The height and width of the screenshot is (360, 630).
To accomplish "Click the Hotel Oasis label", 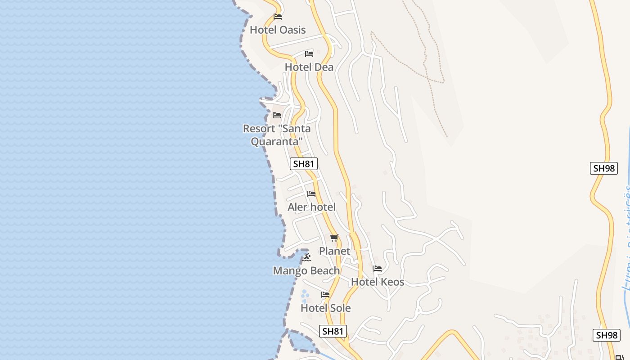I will (x=278, y=30).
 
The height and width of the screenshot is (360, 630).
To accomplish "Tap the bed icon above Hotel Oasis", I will (x=278, y=17).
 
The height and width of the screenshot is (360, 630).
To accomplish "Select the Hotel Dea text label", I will (x=309, y=67).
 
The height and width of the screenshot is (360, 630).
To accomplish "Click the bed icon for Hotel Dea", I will (x=309, y=54).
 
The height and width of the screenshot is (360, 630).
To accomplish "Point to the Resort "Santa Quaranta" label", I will (x=277, y=135).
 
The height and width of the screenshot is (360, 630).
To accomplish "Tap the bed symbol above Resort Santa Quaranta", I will (x=277, y=116).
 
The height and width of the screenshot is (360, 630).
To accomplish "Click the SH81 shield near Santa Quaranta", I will (x=303, y=164).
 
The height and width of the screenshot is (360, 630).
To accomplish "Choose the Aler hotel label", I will (x=311, y=207).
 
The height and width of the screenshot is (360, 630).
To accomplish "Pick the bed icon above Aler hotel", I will (x=311, y=194).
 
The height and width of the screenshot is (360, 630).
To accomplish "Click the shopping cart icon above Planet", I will (x=334, y=238).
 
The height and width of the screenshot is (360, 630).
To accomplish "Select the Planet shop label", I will (x=334, y=251).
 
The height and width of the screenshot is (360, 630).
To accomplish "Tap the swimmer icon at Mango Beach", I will (x=306, y=257).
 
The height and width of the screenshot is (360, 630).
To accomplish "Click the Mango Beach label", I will (x=306, y=270).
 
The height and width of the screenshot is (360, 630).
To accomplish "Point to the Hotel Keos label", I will (x=378, y=282).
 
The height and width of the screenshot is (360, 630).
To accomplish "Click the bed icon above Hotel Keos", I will (x=378, y=269).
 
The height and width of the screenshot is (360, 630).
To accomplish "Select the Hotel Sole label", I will (x=325, y=308).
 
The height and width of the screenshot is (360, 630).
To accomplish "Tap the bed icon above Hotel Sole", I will (x=325, y=295).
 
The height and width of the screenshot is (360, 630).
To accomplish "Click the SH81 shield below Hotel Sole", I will (x=333, y=331).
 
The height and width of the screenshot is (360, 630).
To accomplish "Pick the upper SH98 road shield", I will (x=604, y=168).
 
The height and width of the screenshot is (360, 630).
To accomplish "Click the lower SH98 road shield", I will (x=607, y=335).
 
